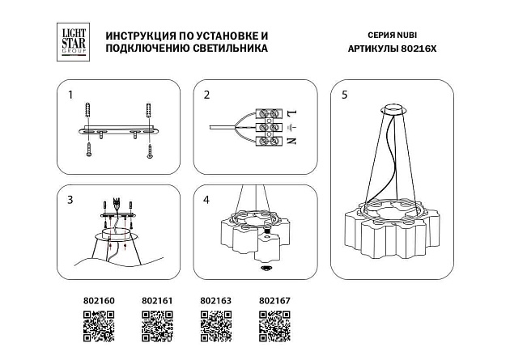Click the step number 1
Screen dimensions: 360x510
70,95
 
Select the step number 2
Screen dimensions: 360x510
206,95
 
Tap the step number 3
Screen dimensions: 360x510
70,199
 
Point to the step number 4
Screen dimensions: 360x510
206,199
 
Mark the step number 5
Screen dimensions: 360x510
345,95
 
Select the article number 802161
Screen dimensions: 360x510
158,301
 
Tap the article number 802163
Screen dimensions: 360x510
215,301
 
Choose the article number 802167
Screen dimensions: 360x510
274,301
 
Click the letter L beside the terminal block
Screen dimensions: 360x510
291,112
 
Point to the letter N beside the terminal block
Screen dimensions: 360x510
291,142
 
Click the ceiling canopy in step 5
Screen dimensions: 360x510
396,109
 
